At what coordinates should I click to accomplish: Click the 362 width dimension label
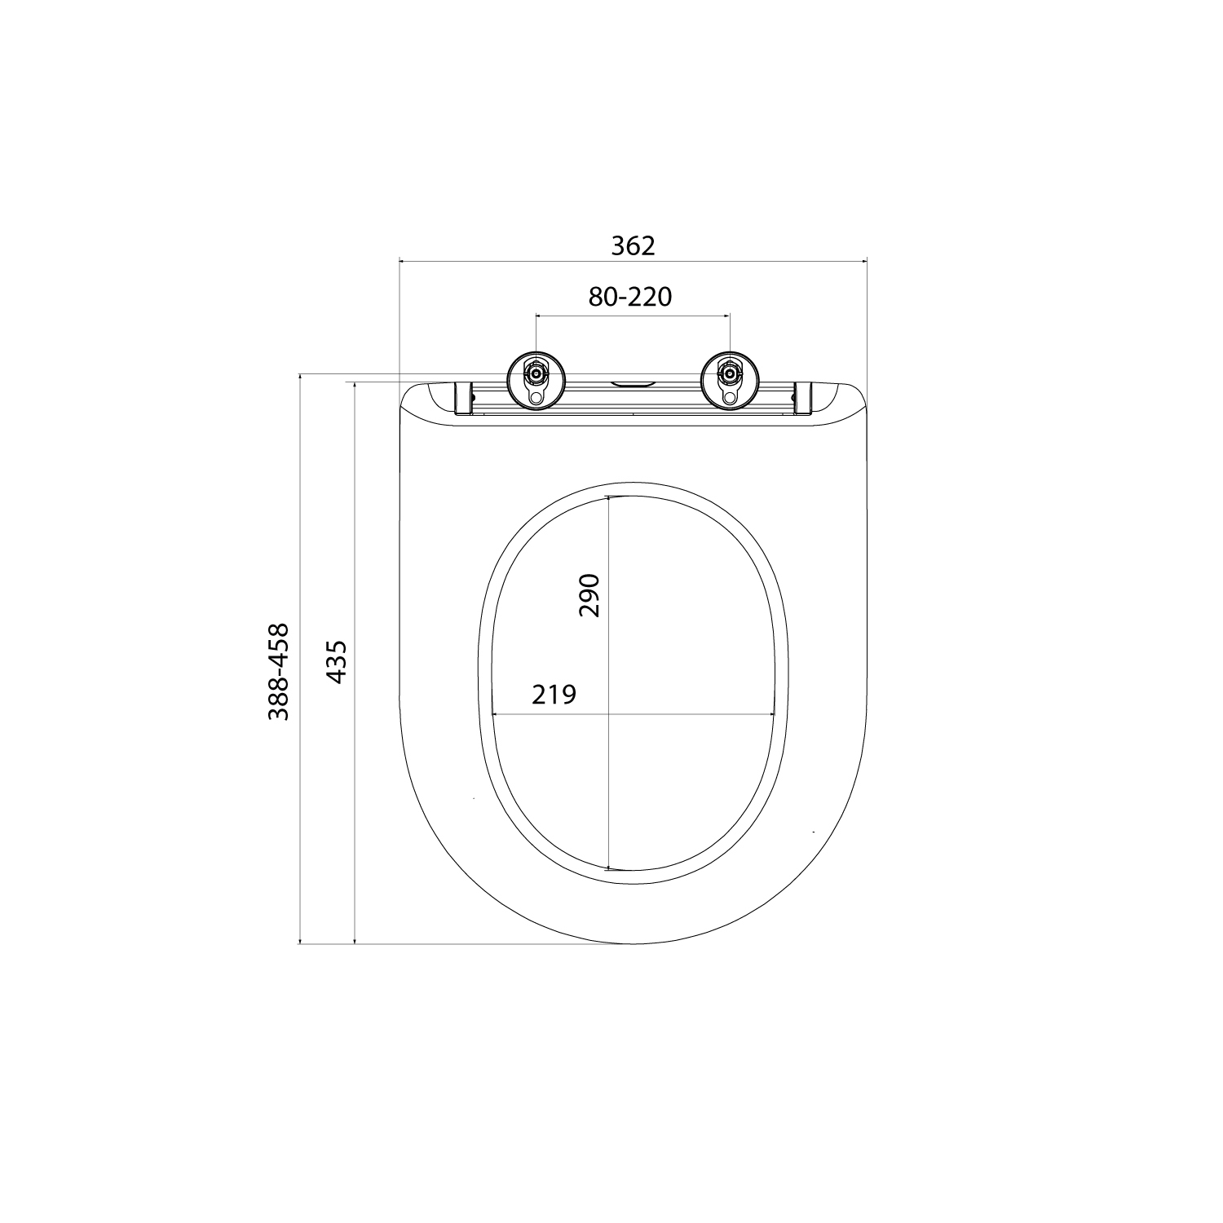point(633,245)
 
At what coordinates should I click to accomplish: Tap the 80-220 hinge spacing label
point(630,297)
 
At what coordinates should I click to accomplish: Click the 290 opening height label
point(589,595)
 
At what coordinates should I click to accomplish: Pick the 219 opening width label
point(554,694)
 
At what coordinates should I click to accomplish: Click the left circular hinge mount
point(535,379)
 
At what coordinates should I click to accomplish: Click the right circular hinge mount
point(730,379)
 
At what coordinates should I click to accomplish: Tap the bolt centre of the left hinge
point(535,374)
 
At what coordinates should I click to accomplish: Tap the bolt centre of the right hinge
point(730,374)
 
